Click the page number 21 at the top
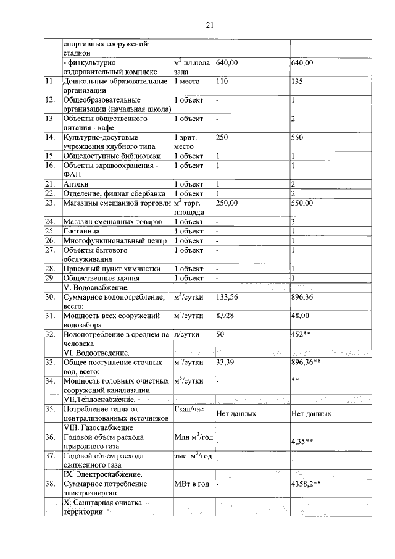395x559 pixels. pyautogui.click(x=209, y=25)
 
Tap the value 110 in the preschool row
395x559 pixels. pyautogui.click(x=223, y=82)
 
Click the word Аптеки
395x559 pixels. pyautogui.click(x=76, y=184)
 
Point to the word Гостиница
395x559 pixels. pyautogui.click(x=82, y=230)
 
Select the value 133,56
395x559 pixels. pyautogui.click(x=228, y=297)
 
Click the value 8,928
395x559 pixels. pyautogui.click(x=225, y=316)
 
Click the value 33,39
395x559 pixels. pyautogui.click(x=226, y=362)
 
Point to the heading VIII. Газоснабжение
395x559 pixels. pyautogui.click(x=98, y=427)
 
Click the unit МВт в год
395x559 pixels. pyautogui.click(x=193, y=485)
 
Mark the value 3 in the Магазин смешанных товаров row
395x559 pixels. pyautogui.click(x=293, y=221)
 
